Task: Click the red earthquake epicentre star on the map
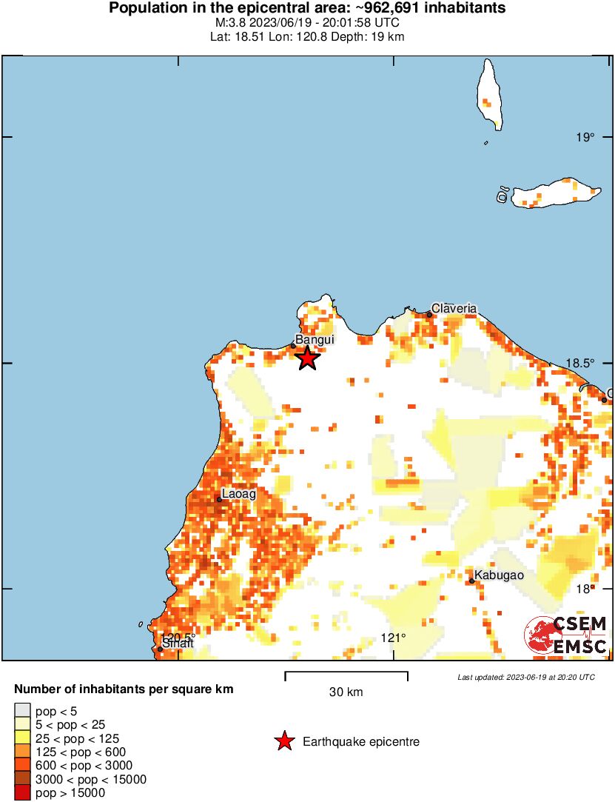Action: (308, 358)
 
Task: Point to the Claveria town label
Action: (454, 308)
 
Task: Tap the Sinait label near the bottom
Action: (178, 644)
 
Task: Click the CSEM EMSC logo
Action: (566, 635)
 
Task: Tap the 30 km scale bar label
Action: (346, 692)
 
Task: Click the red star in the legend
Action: (283, 741)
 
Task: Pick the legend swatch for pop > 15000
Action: (23, 792)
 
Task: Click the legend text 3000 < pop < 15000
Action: (91, 779)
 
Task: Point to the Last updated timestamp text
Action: (525, 677)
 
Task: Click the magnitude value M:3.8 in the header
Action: (230, 22)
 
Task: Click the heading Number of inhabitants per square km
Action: (124, 689)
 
